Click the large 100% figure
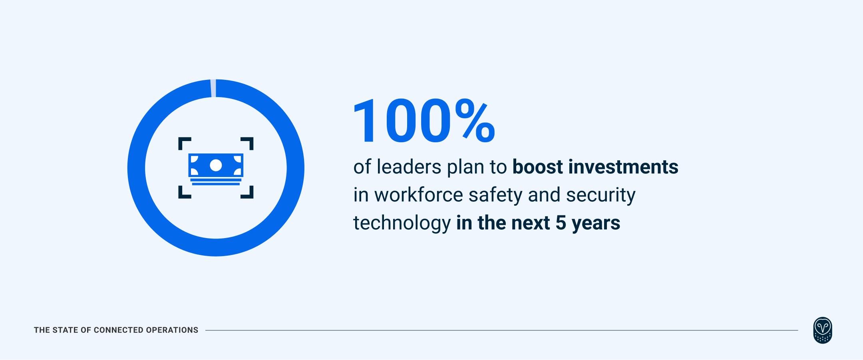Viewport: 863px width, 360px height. click(424, 121)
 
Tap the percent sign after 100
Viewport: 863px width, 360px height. click(475, 121)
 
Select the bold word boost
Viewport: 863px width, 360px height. click(537, 167)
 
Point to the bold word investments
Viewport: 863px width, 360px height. click(623, 167)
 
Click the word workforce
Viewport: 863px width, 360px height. click(418, 195)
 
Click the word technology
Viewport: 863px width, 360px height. click(402, 223)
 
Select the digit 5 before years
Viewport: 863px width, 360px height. click(561, 223)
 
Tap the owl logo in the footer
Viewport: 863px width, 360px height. click(823, 330)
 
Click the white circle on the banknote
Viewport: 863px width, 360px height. click(216, 165)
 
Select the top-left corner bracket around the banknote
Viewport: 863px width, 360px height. click(183, 143)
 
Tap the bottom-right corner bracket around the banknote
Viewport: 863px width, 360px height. click(248, 193)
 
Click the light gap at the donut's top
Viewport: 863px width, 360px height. click(213, 88)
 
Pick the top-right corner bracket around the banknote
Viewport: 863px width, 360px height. click(248, 143)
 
